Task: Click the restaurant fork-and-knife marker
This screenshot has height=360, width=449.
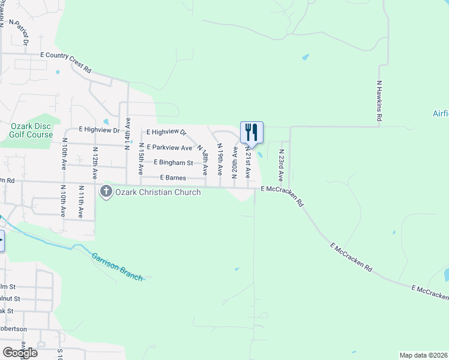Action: [252, 132]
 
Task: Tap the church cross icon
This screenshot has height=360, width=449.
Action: [106, 192]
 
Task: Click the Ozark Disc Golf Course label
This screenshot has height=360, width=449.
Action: [31, 130]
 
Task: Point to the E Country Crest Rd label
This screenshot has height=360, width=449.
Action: [65, 62]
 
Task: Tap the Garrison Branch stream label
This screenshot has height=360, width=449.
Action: [117, 266]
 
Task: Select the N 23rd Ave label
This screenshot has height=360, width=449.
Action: [280, 166]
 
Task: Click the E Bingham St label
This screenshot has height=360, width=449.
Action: [173, 163]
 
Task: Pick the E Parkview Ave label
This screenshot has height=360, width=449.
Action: [169, 148]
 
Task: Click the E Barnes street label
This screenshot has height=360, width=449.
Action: [173, 178]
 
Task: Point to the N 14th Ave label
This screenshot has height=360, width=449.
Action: [127, 131]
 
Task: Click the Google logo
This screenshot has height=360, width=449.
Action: [20, 353]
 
